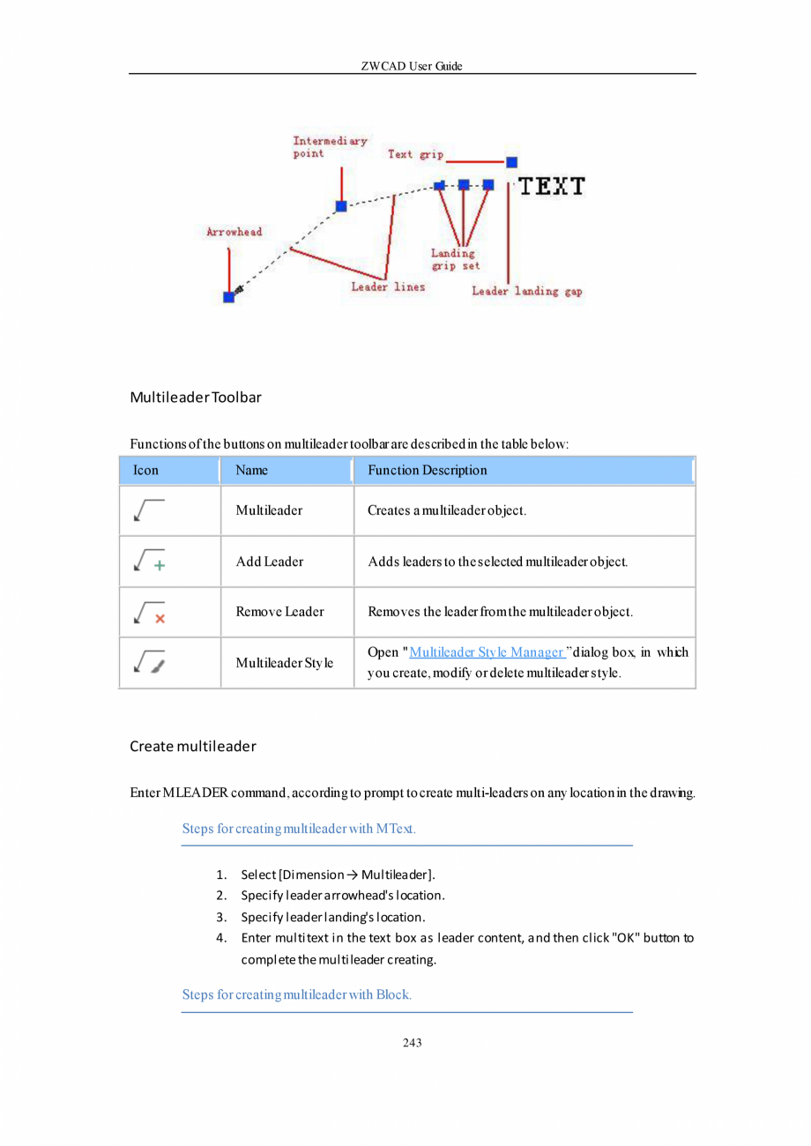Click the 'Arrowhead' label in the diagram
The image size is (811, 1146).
[x=234, y=232]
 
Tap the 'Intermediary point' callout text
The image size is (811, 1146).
[x=330, y=146]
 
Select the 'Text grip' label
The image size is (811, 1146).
[x=415, y=154]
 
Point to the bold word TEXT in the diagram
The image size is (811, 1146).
[x=551, y=186]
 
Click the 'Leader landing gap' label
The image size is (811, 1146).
[x=526, y=291]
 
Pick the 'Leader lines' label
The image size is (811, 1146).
[x=388, y=286]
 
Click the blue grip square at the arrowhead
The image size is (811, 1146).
[x=229, y=297]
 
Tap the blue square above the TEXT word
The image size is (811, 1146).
[x=511, y=162]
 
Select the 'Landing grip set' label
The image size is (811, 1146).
[x=454, y=259]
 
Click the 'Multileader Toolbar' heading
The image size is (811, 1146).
[x=196, y=398]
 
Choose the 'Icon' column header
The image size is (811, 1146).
[x=145, y=470]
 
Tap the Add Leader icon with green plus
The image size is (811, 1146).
[x=149, y=561]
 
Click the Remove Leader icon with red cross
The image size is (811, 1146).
[x=149, y=612]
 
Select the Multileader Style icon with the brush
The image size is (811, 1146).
[x=149, y=663]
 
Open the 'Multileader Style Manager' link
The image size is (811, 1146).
[x=487, y=652]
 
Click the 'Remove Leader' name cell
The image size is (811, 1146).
[x=279, y=612]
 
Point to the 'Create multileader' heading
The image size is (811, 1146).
[x=192, y=747]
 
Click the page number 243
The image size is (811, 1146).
[x=412, y=1043]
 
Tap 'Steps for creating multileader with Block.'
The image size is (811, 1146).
[x=297, y=995]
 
